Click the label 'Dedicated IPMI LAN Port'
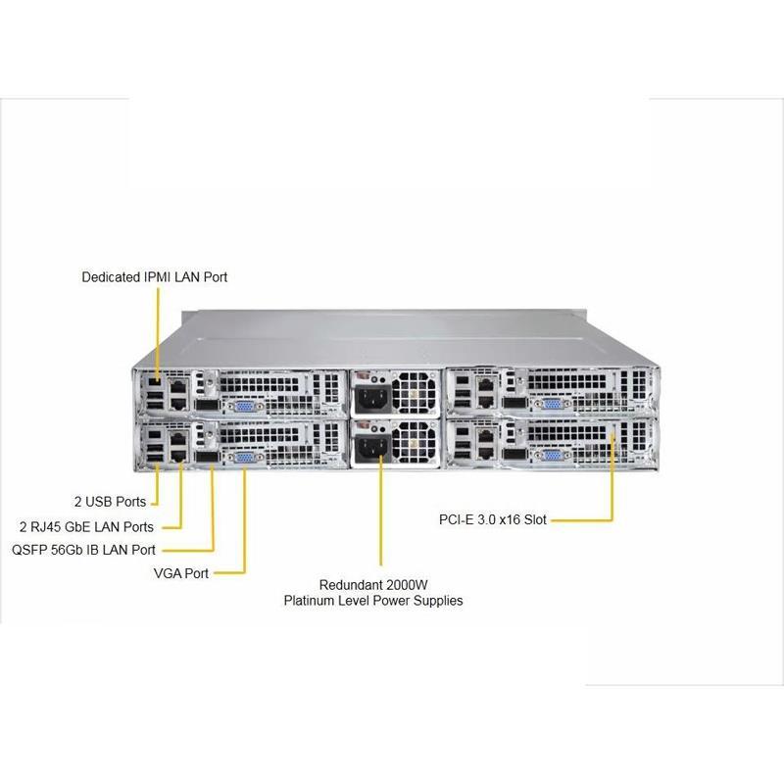point(154,277)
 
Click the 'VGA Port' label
point(181,572)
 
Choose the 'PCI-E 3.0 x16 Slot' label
point(492,520)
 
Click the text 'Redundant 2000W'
point(373,583)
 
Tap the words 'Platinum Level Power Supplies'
point(373,600)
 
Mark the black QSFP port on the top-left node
point(206,404)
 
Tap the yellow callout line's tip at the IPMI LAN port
point(158,374)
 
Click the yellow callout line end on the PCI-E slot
point(613,431)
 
